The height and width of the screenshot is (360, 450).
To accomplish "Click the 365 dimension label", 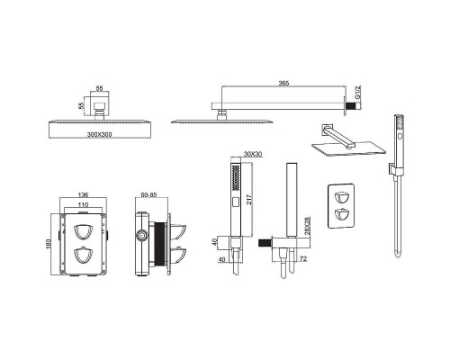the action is point(283,83).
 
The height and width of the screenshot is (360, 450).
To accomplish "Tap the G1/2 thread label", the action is point(357,92).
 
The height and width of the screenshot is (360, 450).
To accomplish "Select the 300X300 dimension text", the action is point(99,134).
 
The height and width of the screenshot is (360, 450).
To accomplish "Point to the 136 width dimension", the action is point(83,194).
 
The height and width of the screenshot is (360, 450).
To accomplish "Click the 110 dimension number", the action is point(83,204).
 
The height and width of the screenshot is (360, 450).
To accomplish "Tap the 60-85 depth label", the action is point(149,194).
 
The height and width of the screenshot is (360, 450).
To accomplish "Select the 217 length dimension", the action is point(249,199).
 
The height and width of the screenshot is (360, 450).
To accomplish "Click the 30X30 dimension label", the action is point(253,154).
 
